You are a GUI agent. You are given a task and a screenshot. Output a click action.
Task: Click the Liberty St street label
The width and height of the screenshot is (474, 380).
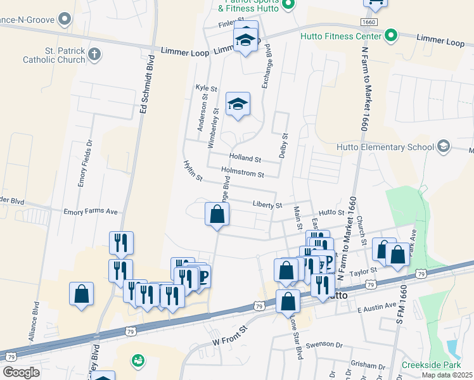tap(267, 205)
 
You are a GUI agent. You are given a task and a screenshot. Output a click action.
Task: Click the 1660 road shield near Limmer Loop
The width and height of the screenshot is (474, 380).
tap(369, 22)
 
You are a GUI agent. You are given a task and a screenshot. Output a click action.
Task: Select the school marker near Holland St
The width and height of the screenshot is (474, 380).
tap(238, 104)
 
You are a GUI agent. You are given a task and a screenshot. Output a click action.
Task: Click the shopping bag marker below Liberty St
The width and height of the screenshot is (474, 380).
tap(217, 214)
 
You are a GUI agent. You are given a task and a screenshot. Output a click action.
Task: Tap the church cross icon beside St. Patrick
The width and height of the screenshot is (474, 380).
tap(94, 54)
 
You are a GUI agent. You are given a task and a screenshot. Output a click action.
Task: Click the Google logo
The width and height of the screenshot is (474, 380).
tap(21, 372)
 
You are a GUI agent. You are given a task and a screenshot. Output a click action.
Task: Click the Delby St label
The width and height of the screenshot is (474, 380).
tap(285, 146)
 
